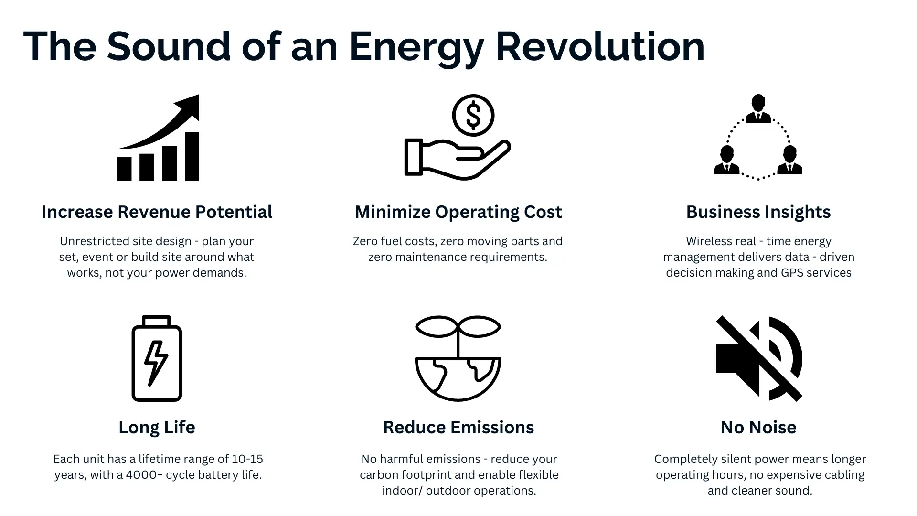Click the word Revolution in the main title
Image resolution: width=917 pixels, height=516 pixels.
tap(600, 47)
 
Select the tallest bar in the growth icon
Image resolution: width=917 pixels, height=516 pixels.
tap(192, 156)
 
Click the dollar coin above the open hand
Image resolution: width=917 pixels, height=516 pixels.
tap(473, 115)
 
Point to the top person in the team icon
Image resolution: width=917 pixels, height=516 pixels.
tap(758, 109)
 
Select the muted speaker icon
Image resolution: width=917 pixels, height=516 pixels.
tap(759, 358)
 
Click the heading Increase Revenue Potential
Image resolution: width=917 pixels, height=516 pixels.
tap(157, 212)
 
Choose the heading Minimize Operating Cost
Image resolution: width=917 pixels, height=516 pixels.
tap(458, 212)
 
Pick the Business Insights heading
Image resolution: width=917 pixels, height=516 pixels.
tap(758, 212)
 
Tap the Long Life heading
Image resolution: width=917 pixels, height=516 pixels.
tap(157, 428)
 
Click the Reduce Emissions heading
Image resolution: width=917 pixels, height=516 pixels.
tap(458, 428)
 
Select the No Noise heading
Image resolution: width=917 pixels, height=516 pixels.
tap(758, 428)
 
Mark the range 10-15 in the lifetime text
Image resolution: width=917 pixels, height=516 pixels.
tap(247, 459)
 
